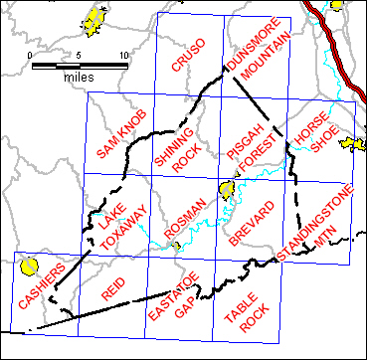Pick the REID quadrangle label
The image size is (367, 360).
coord(115,288)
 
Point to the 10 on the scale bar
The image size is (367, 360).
coord(123,54)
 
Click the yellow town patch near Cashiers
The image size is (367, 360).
coord(29,267)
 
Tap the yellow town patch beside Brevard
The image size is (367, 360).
coord(227,188)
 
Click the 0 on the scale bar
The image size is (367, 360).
coord(32,54)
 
